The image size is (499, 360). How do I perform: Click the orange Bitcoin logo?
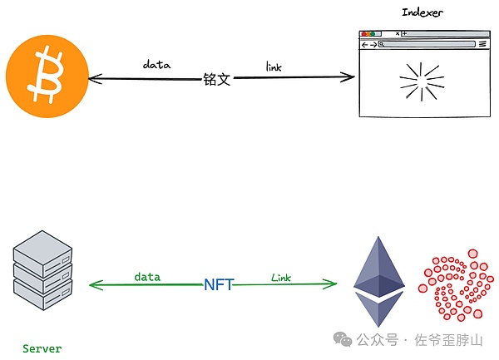tap(47, 76)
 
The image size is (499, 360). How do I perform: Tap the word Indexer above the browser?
tap(422, 12)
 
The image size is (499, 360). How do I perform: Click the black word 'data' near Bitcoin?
tap(156, 64)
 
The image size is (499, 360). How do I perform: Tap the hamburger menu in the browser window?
tap(482, 44)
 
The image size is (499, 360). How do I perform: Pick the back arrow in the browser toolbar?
tap(364, 44)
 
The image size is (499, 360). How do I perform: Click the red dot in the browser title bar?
tap(363, 34)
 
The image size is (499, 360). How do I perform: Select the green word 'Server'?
tap(42, 348)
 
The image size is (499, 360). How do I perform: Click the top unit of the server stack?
tap(42, 248)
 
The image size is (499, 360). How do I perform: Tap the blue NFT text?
tap(219, 284)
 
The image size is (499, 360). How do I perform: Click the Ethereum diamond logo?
tap(379, 281)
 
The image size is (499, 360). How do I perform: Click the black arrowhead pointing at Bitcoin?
tap(92, 79)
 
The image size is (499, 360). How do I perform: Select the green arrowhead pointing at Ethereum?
tap(332, 284)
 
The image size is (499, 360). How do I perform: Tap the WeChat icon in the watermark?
tap(343, 339)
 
